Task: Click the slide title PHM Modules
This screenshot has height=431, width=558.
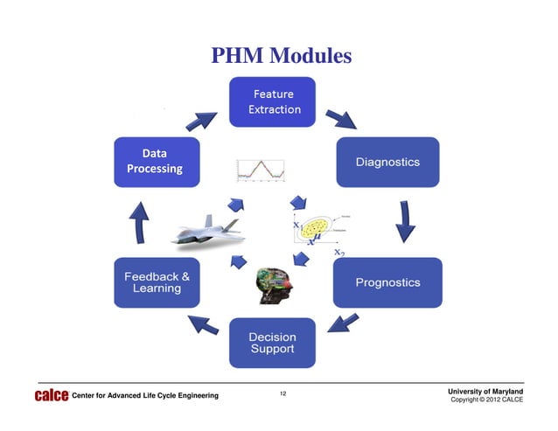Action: click(x=281, y=57)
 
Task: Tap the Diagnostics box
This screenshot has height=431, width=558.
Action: click(x=387, y=162)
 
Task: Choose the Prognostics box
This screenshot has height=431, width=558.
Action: click(x=387, y=282)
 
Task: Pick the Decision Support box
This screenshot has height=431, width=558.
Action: click(x=272, y=343)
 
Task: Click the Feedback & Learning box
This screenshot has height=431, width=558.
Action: click(x=157, y=282)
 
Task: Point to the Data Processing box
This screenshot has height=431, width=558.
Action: click(x=157, y=161)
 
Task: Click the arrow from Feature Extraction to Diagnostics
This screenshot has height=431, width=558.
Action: click(x=339, y=118)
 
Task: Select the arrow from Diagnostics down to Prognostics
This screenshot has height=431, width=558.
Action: click(x=404, y=222)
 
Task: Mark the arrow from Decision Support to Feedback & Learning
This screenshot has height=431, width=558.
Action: click(x=206, y=325)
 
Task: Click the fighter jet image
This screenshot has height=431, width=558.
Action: click(x=207, y=230)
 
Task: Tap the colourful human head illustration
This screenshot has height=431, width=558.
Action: click(x=273, y=285)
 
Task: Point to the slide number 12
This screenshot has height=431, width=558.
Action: click(x=282, y=395)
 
